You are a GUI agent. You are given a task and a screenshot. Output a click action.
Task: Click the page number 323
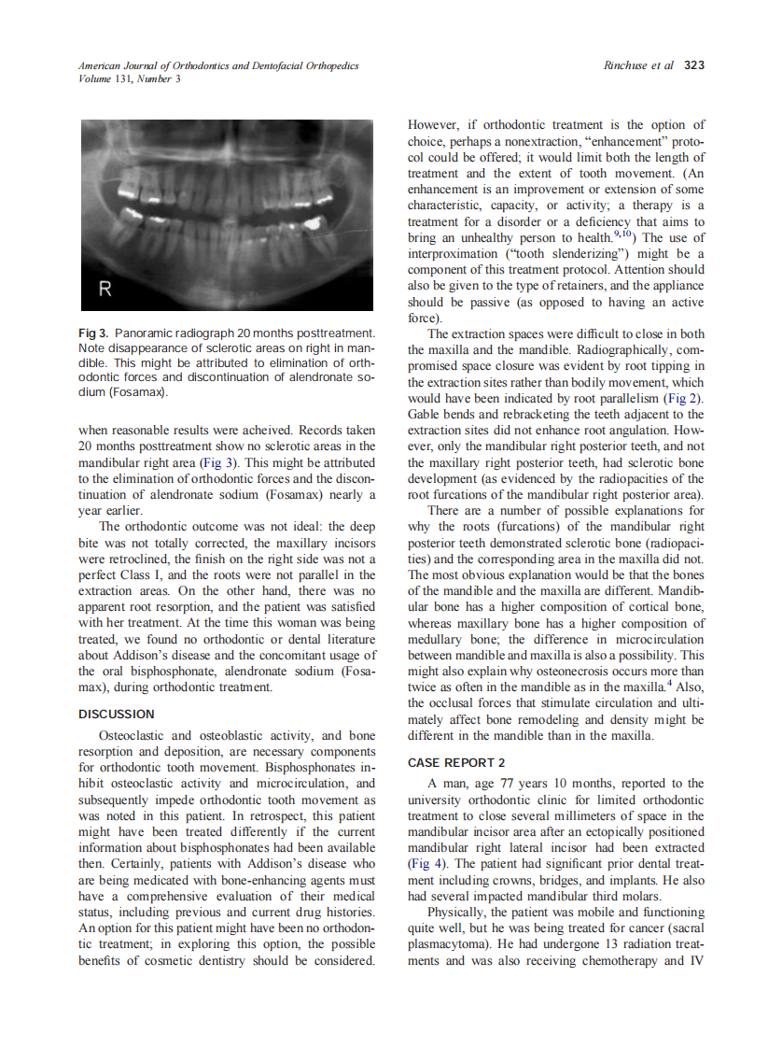click(694, 65)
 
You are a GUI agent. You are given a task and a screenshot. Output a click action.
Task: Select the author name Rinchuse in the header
click(628, 65)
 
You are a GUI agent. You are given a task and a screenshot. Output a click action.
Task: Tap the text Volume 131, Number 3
click(129, 78)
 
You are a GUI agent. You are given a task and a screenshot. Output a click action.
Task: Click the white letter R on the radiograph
click(106, 290)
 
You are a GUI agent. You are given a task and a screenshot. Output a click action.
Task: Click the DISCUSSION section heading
click(115, 715)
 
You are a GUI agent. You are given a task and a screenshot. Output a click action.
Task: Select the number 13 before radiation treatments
click(610, 943)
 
